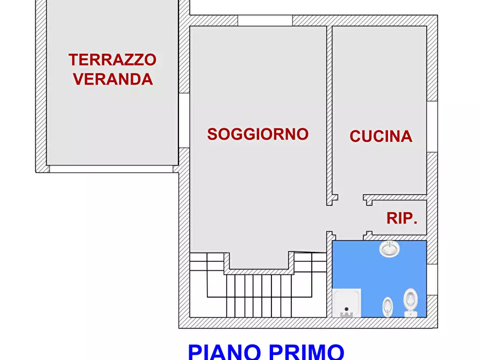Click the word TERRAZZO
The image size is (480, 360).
click(112, 60)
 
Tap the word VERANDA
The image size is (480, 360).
click(113, 80)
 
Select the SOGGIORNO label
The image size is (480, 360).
click(258, 134)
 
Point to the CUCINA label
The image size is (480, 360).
click(381, 136)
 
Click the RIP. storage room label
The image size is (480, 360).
click(402, 219)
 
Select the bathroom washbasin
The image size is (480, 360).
click(389, 249)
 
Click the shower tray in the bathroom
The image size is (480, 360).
click(346, 303)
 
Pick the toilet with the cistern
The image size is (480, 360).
click(411, 303)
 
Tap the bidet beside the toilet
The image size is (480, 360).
click(388, 307)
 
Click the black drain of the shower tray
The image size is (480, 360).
click(346, 309)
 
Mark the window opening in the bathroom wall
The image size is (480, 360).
click(432, 279)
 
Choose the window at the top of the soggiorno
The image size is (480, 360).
click(265, 21)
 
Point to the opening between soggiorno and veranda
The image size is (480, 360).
click(184, 120)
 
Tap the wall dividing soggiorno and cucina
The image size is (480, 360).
click(329, 107)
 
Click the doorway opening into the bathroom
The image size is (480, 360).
click(349, 236)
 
